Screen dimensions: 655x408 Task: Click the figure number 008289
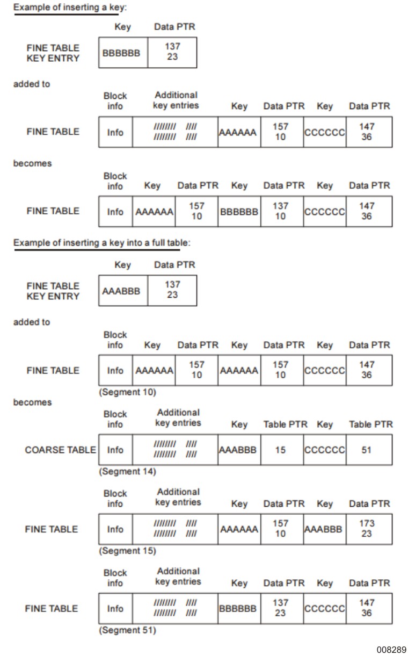tap(391, 649)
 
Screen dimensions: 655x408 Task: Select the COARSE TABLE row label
tap(61, 450)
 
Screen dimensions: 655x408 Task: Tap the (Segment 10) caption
tap(127, 392)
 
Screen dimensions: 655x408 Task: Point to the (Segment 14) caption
tap(127, 472)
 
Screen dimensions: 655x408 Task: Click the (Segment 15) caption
tap(127, 551)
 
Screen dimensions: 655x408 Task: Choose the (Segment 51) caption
tap(127, 630)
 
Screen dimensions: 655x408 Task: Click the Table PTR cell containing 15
tap(281, 450)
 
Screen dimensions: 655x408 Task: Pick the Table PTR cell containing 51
tap(367, 450)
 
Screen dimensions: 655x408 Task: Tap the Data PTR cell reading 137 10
tap(281, 211)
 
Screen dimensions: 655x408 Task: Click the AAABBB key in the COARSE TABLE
tap(239, 450)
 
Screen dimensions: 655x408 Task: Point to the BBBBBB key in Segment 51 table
tap(239, 609)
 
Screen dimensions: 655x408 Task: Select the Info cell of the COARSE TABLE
tap(115, 450)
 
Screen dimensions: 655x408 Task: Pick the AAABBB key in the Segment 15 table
tap(324, 529)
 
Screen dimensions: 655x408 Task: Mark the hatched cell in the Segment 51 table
tap(175, 609)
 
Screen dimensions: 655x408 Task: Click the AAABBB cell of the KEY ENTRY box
tap(123, 291)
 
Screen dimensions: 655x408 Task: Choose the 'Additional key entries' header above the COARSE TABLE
tap(178, 418)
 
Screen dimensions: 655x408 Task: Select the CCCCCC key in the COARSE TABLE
tap(324, 450)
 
